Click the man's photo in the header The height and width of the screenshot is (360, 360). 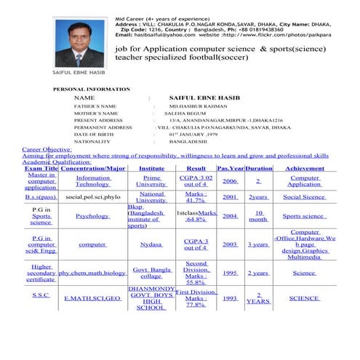79,43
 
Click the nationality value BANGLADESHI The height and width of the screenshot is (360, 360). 193,142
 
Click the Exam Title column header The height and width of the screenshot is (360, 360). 41,168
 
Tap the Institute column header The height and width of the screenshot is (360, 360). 151,168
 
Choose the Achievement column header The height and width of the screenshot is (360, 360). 305,168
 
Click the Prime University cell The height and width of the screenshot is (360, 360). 151,180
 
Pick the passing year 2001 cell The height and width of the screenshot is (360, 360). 230,196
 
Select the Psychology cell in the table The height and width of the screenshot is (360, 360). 92,216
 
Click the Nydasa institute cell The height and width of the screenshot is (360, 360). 151,245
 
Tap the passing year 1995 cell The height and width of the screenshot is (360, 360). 230,273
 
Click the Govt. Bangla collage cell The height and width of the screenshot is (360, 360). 151,273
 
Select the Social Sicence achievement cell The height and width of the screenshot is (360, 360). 305,196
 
